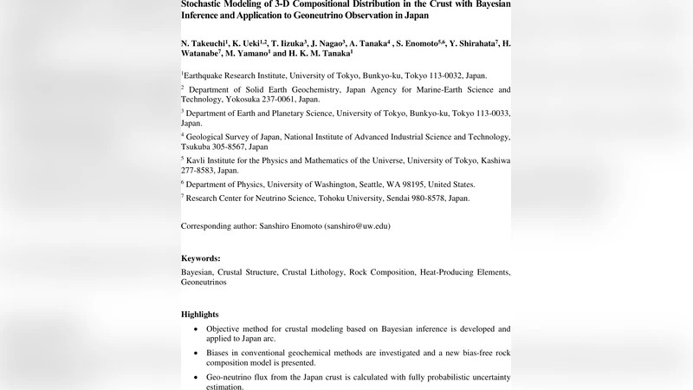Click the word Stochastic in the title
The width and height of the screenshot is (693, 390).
[x=205, y=3]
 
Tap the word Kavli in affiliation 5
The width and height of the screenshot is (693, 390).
[x=198, y=160]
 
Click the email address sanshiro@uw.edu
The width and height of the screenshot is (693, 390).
[x=357, y=225]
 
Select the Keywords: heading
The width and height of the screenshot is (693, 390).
[x=200, y=258]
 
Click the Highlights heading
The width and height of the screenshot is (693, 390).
[x=199, y=314]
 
